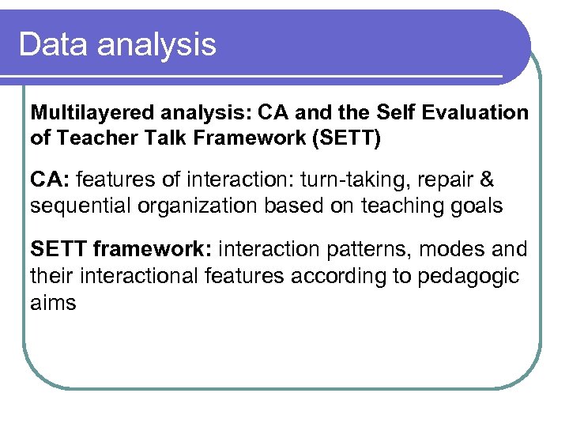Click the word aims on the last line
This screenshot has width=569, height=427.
tap(53, 302)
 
